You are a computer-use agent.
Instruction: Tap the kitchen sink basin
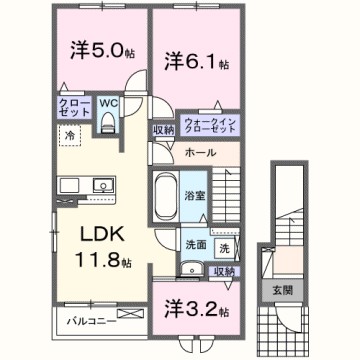75,184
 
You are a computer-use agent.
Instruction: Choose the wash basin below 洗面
189,267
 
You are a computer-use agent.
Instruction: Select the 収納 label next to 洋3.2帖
223,270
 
